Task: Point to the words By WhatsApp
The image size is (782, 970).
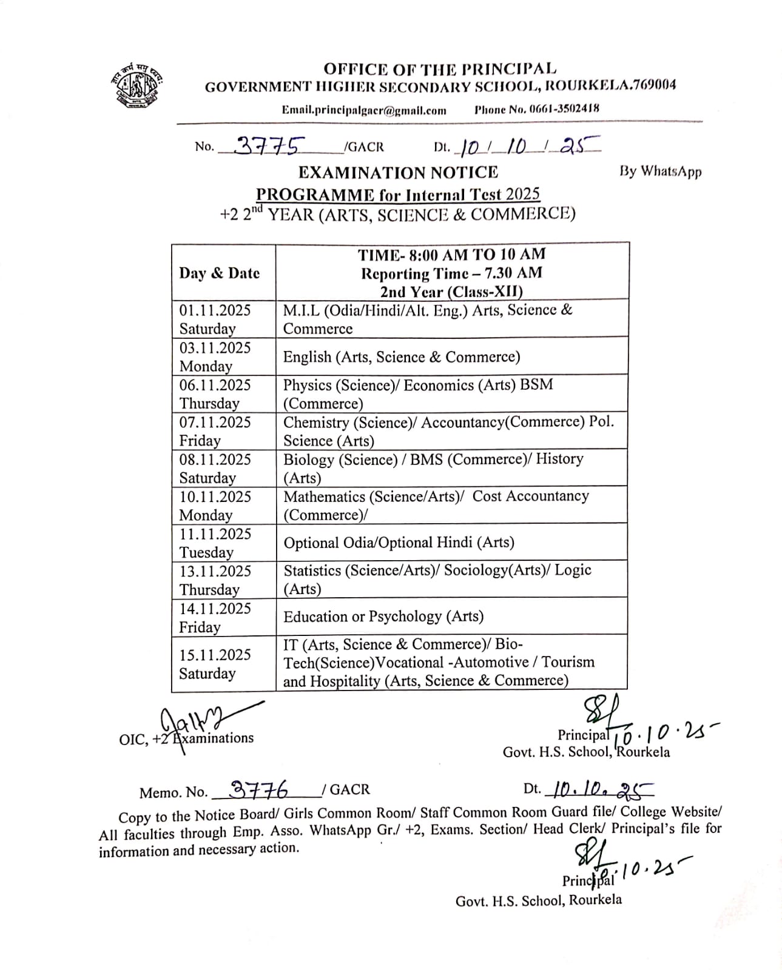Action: coord(660,172)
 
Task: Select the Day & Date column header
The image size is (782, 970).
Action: coord(219,273)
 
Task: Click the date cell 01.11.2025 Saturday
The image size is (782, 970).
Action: coord(215,319)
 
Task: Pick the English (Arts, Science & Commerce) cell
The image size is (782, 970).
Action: coord(402,356)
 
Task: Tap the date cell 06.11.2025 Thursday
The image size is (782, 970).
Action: coord(215,393)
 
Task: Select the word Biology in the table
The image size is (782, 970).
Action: coord(308,459)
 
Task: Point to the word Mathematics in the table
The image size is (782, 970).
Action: coord(325,497)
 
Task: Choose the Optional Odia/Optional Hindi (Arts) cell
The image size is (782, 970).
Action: coord(399,542)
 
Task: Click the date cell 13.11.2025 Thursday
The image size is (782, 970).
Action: coord(215,580)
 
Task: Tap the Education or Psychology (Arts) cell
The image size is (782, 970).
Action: coord(383,617)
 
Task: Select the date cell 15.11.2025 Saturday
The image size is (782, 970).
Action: coord(215,663)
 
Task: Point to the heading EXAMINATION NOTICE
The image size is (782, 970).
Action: coord(398,173)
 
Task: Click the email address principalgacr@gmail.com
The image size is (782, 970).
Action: coord(364,110)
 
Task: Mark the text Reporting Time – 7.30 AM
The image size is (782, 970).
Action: coord(451,273)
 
